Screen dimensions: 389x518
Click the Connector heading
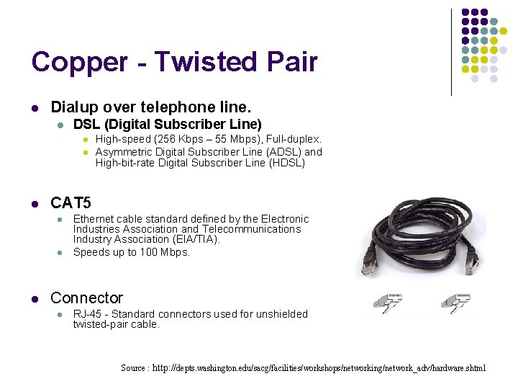pyautogui.click(x=86, y=298)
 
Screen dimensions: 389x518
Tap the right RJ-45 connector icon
pyautogui.click(x=458, y=302)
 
